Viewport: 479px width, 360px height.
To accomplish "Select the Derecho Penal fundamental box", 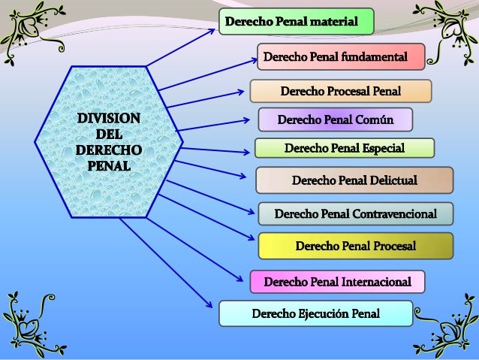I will tap(342, 56).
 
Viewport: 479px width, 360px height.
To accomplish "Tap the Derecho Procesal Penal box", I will tap(340, 91).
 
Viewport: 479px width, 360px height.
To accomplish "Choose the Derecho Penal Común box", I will tap(336, 119).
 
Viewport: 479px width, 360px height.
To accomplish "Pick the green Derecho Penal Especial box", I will tap(345, 148).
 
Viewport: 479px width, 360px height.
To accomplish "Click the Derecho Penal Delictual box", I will tap(354, 180).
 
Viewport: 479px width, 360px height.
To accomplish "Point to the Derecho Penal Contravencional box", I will tap(356, 213).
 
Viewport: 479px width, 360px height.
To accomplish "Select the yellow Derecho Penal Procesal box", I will tap(356, 246).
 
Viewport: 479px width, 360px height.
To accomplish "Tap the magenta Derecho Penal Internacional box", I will tap(337, 282).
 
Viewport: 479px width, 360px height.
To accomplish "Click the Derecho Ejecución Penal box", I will tap(315, 313).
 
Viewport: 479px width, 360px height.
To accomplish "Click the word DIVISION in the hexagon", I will tap(105, 119).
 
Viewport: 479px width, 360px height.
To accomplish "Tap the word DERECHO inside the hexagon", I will tap(105, 149).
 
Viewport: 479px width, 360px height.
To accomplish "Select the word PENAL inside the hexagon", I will tap(105, 164).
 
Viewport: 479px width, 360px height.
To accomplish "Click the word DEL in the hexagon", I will tap(105, 134).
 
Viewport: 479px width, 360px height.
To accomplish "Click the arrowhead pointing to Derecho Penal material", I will tap(211, 31).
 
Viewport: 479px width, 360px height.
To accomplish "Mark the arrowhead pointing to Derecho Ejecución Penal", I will tap(209, 304).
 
